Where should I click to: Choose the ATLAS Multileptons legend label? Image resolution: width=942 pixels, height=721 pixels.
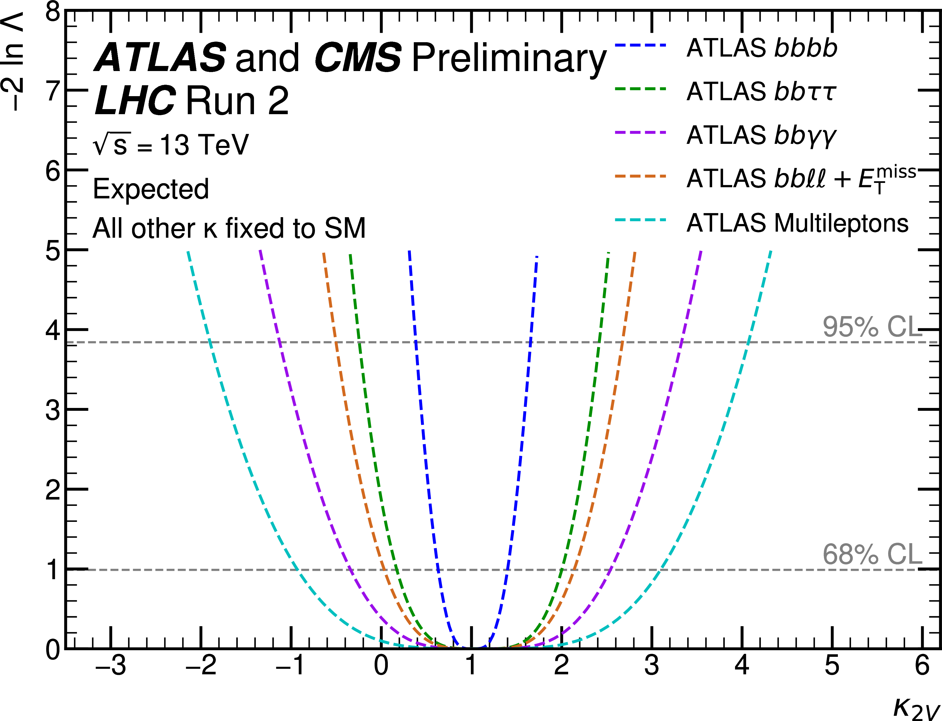click(797, 223)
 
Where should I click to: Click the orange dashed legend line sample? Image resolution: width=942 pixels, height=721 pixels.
click(640, 176)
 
